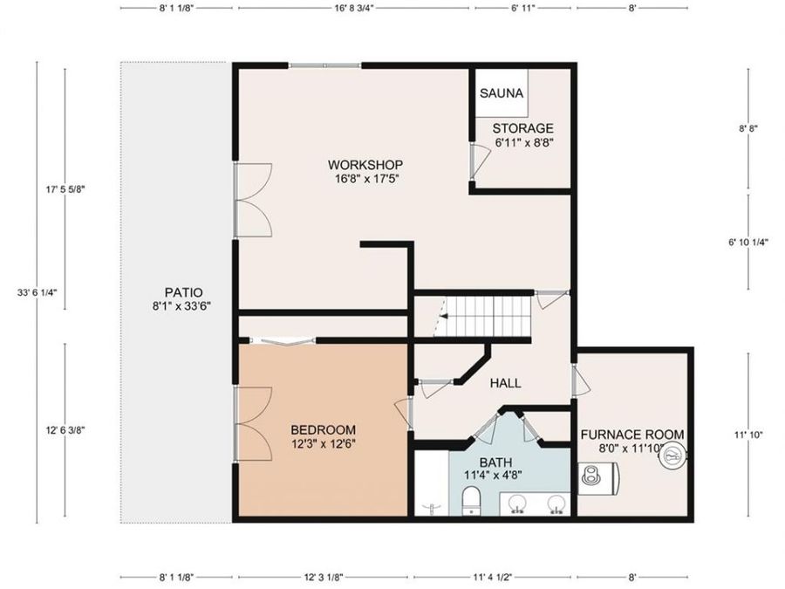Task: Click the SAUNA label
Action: [x=502, y=93]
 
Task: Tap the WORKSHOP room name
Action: [x=365, y=165]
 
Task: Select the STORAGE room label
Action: [x=522, y=128]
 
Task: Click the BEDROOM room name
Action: [x=324, y=429]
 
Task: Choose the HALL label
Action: [x=505, y=384]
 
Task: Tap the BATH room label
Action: [x=495, y=462]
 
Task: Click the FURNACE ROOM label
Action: [x=632, y=435]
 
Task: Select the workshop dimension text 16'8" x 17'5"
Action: [x=366, y=179]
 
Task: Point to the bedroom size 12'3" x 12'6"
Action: [x=324, y=444]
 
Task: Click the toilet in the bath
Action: [x=471, y=502]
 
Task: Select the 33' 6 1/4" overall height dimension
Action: [x=37, y=292]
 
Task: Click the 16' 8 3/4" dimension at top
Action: [x=353, y=9]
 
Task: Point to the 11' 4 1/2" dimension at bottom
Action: [x=495, y=578]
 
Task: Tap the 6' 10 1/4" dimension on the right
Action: [x=748, y=243]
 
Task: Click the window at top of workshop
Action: [x=324, y=65]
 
